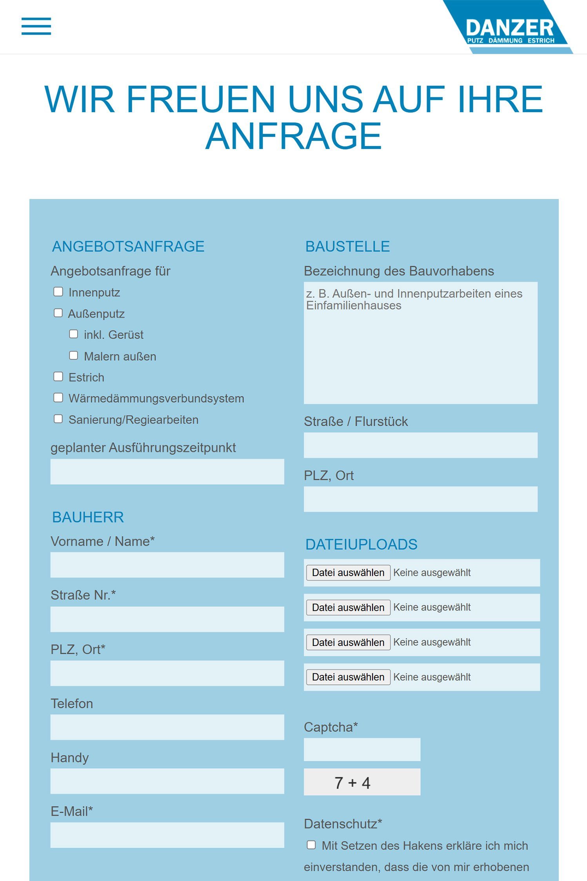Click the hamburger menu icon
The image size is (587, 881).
click(x=36, y=26)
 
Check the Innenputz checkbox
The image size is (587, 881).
click(x=58, y=292)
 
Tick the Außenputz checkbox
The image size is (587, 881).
click(x=58, y=313)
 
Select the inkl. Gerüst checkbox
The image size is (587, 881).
click(x=74, y=334)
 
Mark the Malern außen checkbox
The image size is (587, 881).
click(x=74, y=355)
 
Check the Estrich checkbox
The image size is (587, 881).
click(x=58, y=377)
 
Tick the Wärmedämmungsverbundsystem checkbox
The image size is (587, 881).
click(x=58, y=398)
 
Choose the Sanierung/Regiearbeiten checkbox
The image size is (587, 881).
click(x=58, y=419)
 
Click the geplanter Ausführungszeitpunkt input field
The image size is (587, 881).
click(x=167, y=472)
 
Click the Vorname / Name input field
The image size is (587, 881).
click(x=167, y=565)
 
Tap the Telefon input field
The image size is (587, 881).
click(x=167, y=727)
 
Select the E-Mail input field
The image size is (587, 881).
click(x=167, y=835)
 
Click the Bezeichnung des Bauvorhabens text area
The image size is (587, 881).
click(x=420, y=343)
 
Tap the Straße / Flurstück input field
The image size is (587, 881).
click(x=420, y=445)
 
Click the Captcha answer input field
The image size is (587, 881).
click(x=362, y=750)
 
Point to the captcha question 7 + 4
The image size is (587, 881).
click(x=353, y=783)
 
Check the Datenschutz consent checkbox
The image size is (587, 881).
click(x=311, y=845)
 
